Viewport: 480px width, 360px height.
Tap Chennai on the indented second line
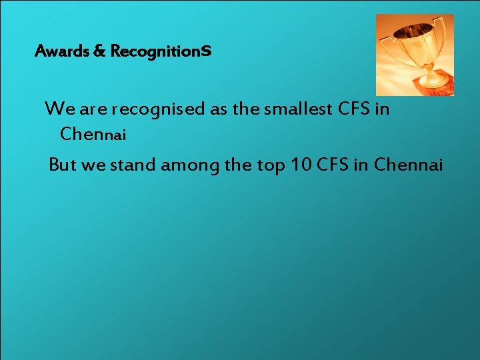pyautogui.click(x=93, y=134)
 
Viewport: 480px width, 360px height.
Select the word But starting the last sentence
pyautogui.click(x=63, y=165)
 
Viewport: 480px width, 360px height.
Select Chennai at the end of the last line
pyautogui.click(x=408, y=165)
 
